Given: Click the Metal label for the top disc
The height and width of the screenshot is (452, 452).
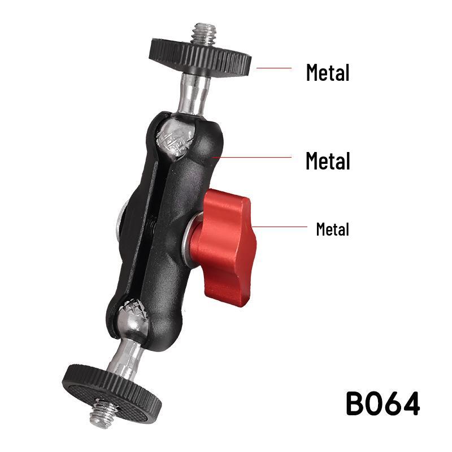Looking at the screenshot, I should [328, 73].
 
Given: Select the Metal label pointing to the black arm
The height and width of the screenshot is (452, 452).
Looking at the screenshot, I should [328, 161].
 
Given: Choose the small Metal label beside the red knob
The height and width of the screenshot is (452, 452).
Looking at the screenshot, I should [332, 229].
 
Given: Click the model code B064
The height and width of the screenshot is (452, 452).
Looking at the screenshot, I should [383, 403].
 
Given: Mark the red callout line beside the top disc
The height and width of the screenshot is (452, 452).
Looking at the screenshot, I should [274, 68].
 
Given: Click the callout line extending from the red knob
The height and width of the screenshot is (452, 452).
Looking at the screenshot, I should [280, 227].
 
